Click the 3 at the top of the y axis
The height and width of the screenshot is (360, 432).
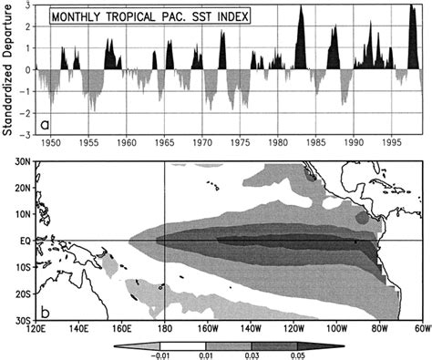click(33, 5)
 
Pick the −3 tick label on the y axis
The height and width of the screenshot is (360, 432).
click(30, 135)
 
